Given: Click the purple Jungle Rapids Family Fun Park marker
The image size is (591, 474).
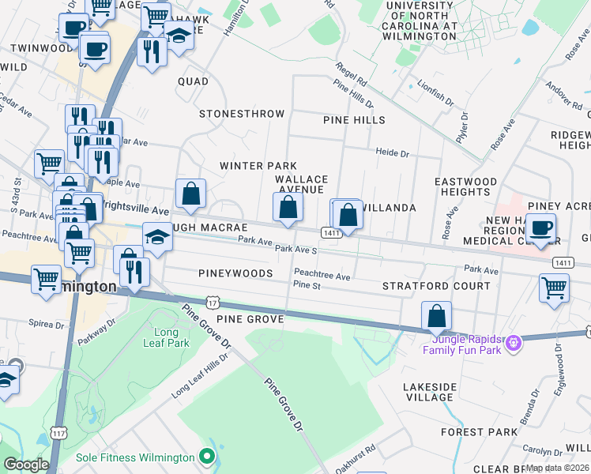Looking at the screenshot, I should [514, 343].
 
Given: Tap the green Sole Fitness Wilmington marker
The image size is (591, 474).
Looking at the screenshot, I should [207, 457].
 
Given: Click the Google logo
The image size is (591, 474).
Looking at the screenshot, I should [26, 465].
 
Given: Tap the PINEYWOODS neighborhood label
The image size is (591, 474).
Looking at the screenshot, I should [236, 273].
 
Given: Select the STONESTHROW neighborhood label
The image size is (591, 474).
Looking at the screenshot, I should [242, 114].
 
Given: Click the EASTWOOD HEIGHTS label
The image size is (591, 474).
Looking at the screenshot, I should [466, 186].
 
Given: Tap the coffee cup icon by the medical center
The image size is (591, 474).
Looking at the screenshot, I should [541, 228].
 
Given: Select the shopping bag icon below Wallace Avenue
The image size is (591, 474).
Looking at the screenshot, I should [288, 208].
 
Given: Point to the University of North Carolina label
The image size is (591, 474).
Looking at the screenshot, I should [421, 21].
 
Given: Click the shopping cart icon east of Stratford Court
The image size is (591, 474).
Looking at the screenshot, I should [554, 288].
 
